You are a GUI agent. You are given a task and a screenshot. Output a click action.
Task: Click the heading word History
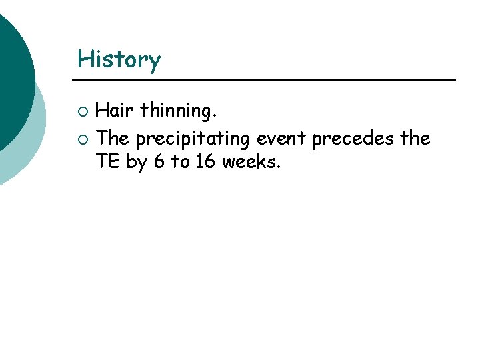pyautogui.click(x=119, y=60)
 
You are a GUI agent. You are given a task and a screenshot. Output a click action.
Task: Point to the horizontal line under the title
pyautogui.click(x=267, y=80)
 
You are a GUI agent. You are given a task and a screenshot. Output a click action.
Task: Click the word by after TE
pyautogui.click(x=135, y=162)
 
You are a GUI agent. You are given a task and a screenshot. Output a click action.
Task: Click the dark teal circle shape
pyautogui.click(x=10, y=73)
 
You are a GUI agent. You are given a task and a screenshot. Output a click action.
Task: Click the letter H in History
pyautogui.click(x=85, y=59)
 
